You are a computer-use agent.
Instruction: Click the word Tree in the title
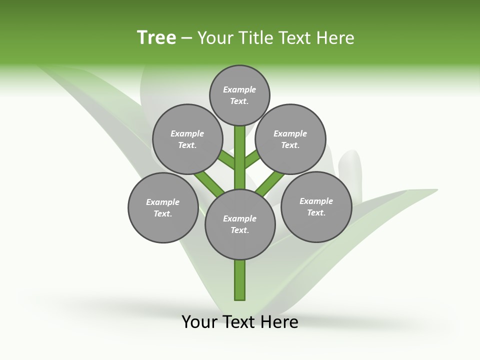(156, 38)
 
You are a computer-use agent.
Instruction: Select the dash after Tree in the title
(186, 38)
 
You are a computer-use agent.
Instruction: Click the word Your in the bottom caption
(199, 322)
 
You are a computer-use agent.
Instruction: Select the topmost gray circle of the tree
(239, 95)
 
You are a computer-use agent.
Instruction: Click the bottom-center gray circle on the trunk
(240, 224)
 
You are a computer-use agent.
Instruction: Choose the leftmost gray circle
(163, 207)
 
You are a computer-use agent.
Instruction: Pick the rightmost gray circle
(316, 206)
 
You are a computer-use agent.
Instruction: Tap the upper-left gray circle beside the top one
(187, 139)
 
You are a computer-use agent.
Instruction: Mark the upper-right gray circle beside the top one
(290, 139)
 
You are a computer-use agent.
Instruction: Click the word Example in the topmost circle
(239, 89)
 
